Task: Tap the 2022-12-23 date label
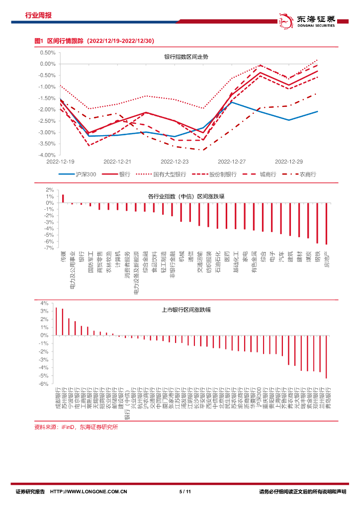[x=175, y=162]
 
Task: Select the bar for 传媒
[x=63, y=199]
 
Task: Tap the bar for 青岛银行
[x=326, y=356]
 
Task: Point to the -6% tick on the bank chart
[x=44, y=384]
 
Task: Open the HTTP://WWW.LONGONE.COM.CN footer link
[x=90, y=492]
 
